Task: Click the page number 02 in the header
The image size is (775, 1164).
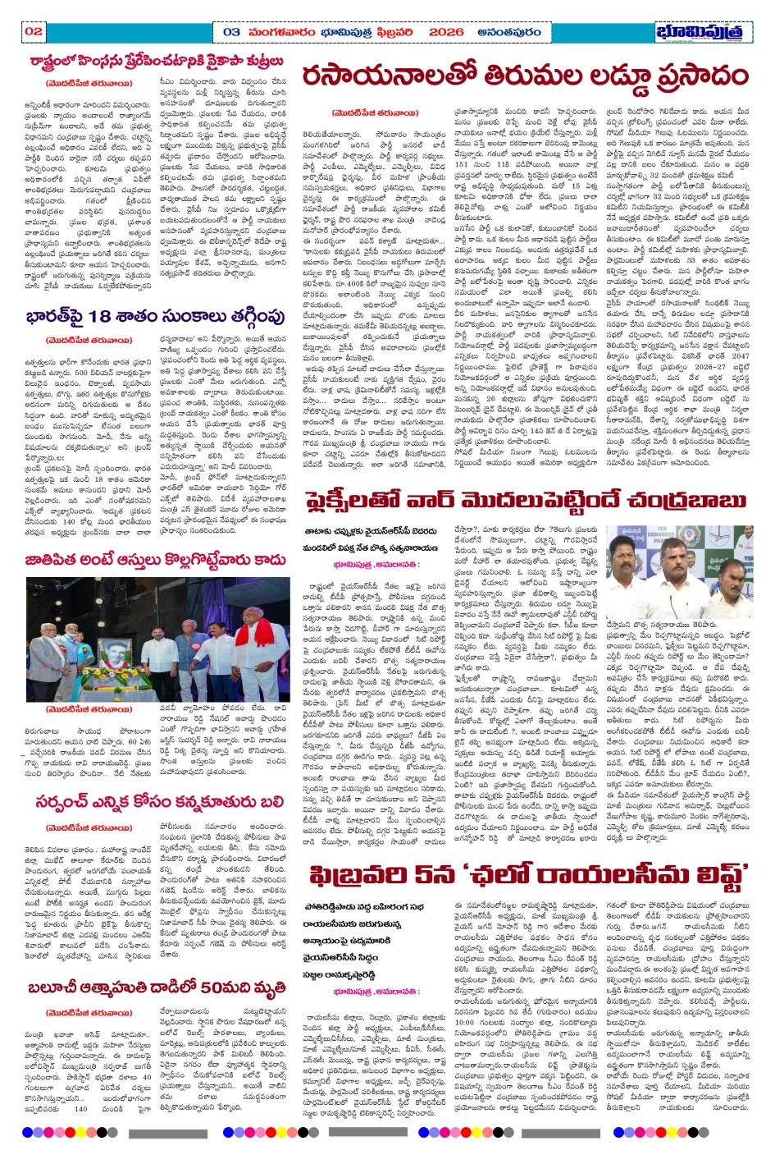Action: coord(34,31)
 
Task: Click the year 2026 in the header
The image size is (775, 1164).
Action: coord(446,31)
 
